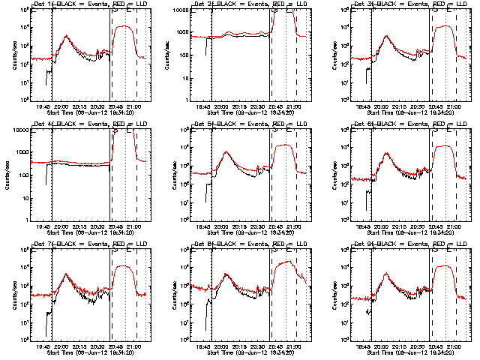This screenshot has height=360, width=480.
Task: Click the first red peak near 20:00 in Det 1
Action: point(67,35)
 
